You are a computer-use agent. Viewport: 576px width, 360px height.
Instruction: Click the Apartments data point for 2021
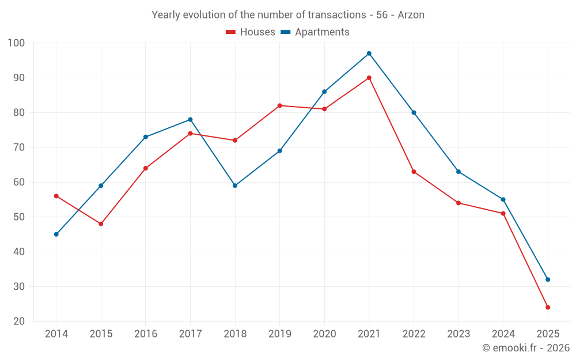pos(369,54)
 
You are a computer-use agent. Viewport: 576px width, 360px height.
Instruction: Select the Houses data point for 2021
pos(369,78)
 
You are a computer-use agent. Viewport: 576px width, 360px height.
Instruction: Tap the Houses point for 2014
pos(56,196)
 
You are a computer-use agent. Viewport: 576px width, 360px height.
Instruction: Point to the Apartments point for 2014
pos(56,234)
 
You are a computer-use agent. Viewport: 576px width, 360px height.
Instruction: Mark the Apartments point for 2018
pos(235,185)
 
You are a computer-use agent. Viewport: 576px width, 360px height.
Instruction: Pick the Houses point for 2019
pos(280,105)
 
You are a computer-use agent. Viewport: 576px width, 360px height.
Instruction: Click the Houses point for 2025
pos(548,308)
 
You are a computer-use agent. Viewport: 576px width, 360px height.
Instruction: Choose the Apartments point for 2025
pos(548,279)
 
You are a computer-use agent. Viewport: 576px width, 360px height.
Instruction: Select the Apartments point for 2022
pos(414,112)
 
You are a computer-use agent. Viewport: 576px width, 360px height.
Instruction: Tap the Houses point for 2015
pos(101,223)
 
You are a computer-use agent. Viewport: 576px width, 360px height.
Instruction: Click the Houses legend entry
pos(251,32)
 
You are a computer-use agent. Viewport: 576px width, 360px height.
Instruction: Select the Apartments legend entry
pos(315,32)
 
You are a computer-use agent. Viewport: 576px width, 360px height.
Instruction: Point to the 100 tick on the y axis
pos(16,43)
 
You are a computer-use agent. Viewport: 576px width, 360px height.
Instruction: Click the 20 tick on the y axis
pos(19,321)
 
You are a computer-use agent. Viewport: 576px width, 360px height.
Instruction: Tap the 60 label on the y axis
pos(19,182)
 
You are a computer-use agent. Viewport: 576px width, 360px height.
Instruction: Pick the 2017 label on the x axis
pos(190,334)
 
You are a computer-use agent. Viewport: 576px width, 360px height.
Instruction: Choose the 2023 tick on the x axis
pos(458,334)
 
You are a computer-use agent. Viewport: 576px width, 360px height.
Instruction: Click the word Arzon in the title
pos(411,15)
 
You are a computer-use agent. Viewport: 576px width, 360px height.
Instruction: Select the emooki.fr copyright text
pos(526,348)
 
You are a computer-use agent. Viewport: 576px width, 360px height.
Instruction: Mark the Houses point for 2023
pos(458,203)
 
